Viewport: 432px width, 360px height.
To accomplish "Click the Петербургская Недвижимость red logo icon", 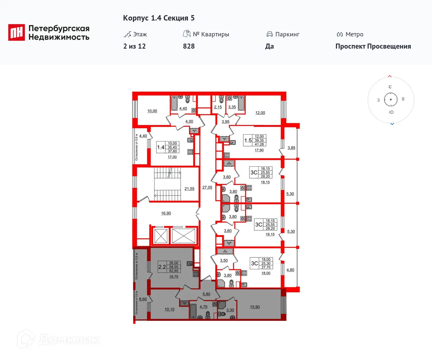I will tap(17, 32).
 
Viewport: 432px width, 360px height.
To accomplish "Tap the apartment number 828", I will tap(189, 46).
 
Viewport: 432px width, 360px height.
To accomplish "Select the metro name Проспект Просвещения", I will tap(373, 46).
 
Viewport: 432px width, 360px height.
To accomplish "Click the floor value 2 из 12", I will tap(134, 46).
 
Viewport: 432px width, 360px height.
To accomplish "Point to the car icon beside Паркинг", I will tap(269, 35).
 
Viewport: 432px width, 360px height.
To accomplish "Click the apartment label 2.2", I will tap(162, 267).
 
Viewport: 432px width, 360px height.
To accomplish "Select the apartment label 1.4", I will tap(161, 147).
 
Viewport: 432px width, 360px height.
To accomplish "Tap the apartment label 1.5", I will tap(248, 140).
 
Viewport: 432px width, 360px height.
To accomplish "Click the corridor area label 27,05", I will tap(207, 188).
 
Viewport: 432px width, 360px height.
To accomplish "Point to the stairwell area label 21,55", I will tap(189, 189).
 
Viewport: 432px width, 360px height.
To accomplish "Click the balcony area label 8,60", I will tap(143, 299).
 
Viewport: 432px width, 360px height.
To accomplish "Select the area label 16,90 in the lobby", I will tap(166, 213).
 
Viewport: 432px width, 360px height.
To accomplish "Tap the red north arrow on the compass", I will tap(390, 77).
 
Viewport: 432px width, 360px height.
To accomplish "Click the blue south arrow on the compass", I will tap(392, 124).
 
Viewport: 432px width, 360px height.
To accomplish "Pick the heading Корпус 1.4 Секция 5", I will tap(159, 18).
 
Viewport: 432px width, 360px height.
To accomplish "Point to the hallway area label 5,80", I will tap(206, 294).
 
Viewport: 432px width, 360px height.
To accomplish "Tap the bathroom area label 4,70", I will tap(203, 307).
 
